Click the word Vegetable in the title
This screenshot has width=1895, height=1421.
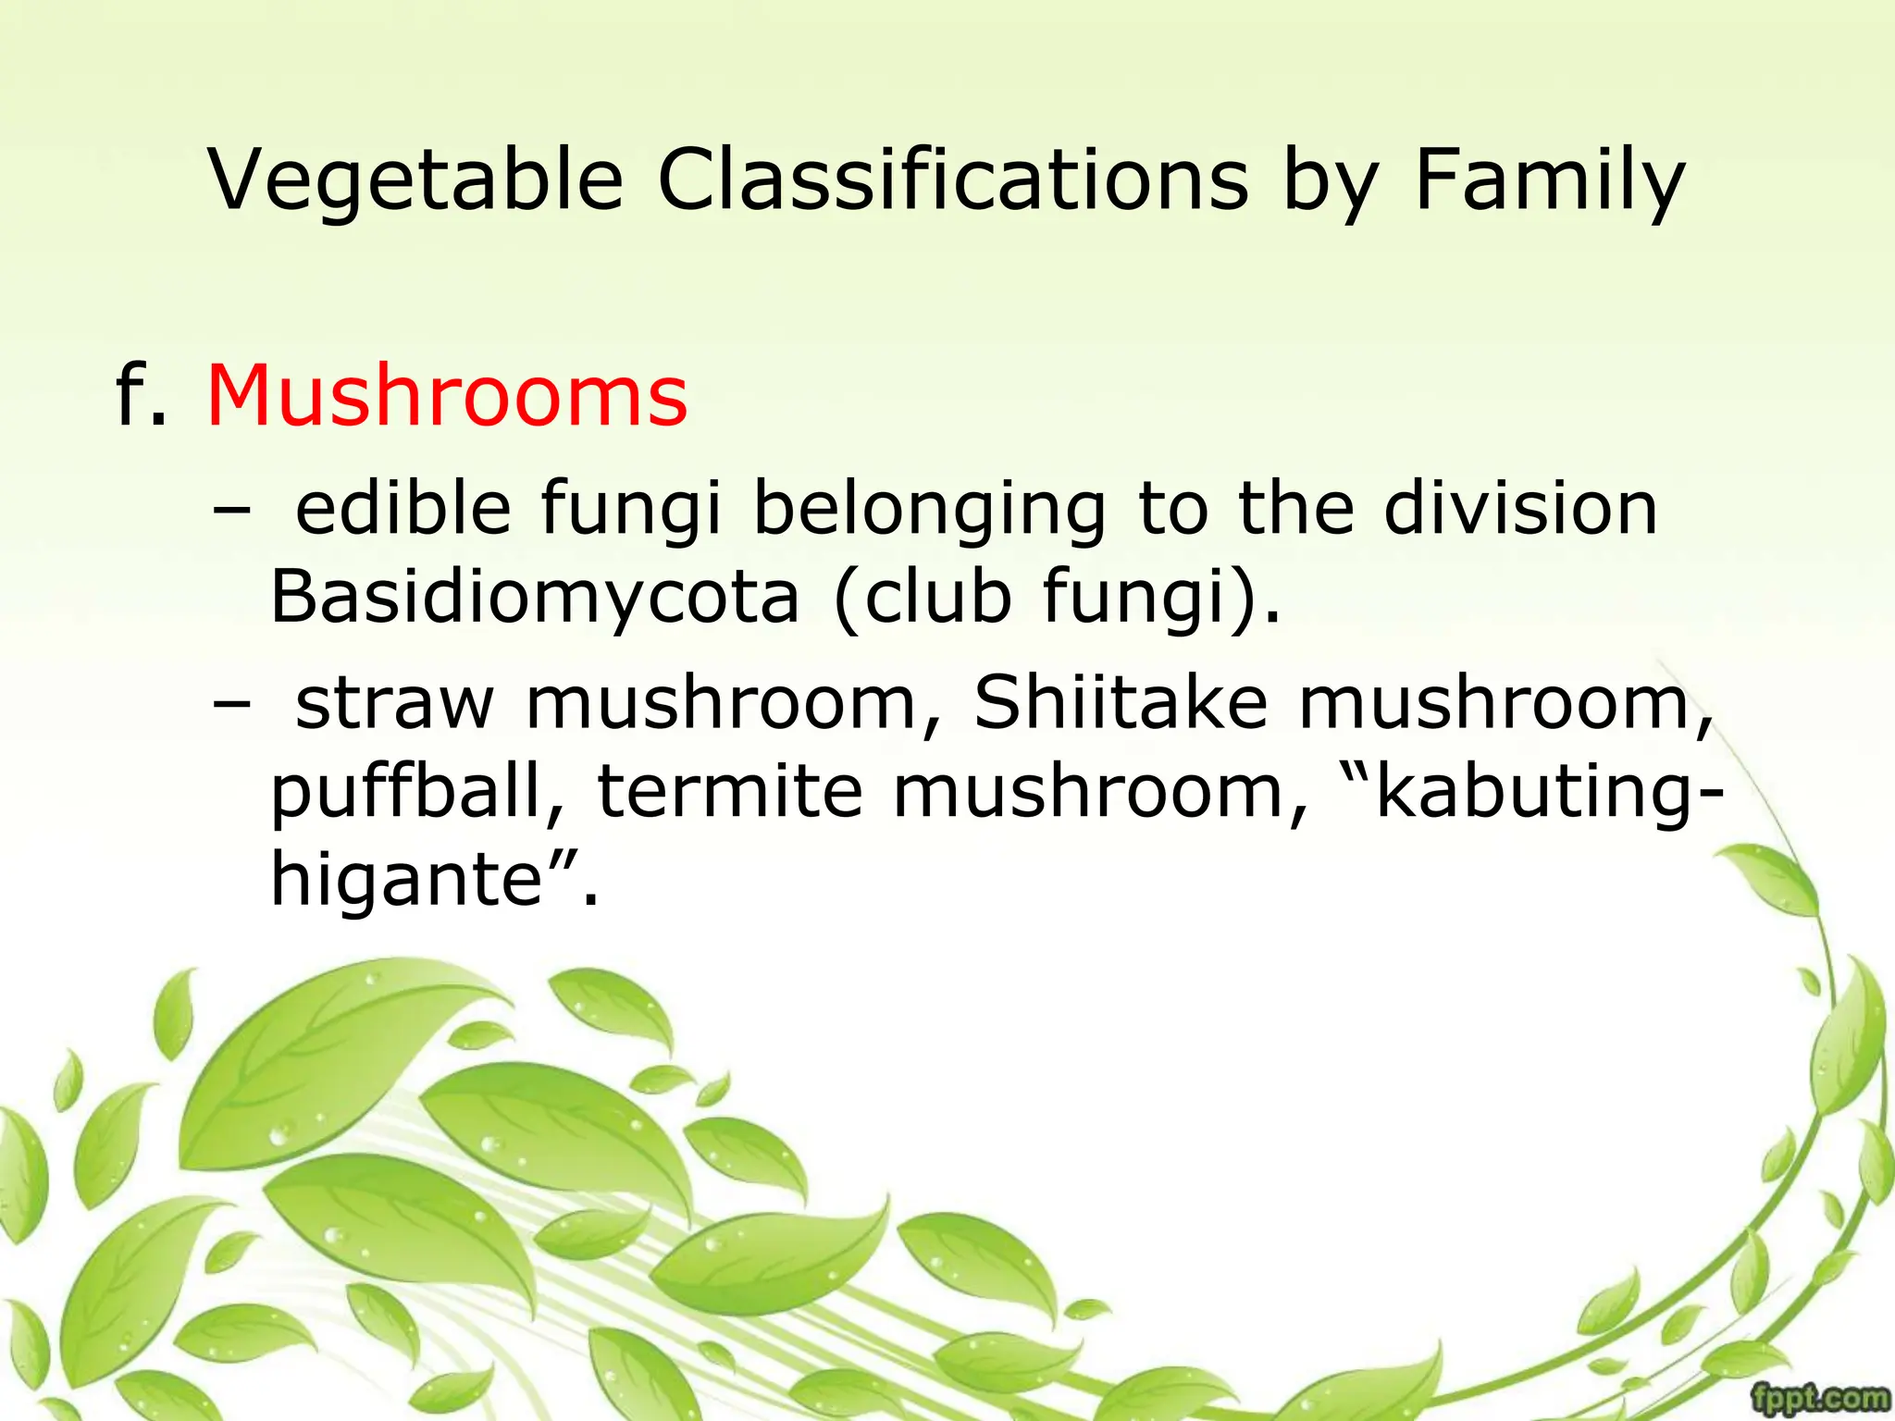pyautogui.click(x=415, y=180)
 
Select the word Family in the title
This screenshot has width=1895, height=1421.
pyautogui.click(x=1551, y=180)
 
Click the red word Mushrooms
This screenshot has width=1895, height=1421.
pyautogui.click(x=447, y=397)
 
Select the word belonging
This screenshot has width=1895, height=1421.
pyautogui.click(x=929, y=511)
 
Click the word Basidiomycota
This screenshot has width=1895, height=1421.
pyautogui.click(x=534, y=597)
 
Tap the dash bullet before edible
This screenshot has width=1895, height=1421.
pyautogui.click(x=230, y=511)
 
